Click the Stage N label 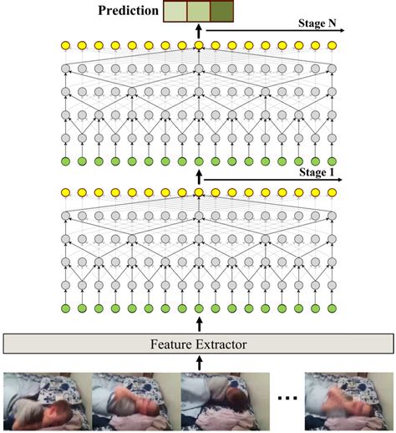pyautogui.click(x=323, y=25)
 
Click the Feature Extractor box pyautogui.click(x=198, y=343)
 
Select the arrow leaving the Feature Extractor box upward pyautogui.click(x=199, y=322)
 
